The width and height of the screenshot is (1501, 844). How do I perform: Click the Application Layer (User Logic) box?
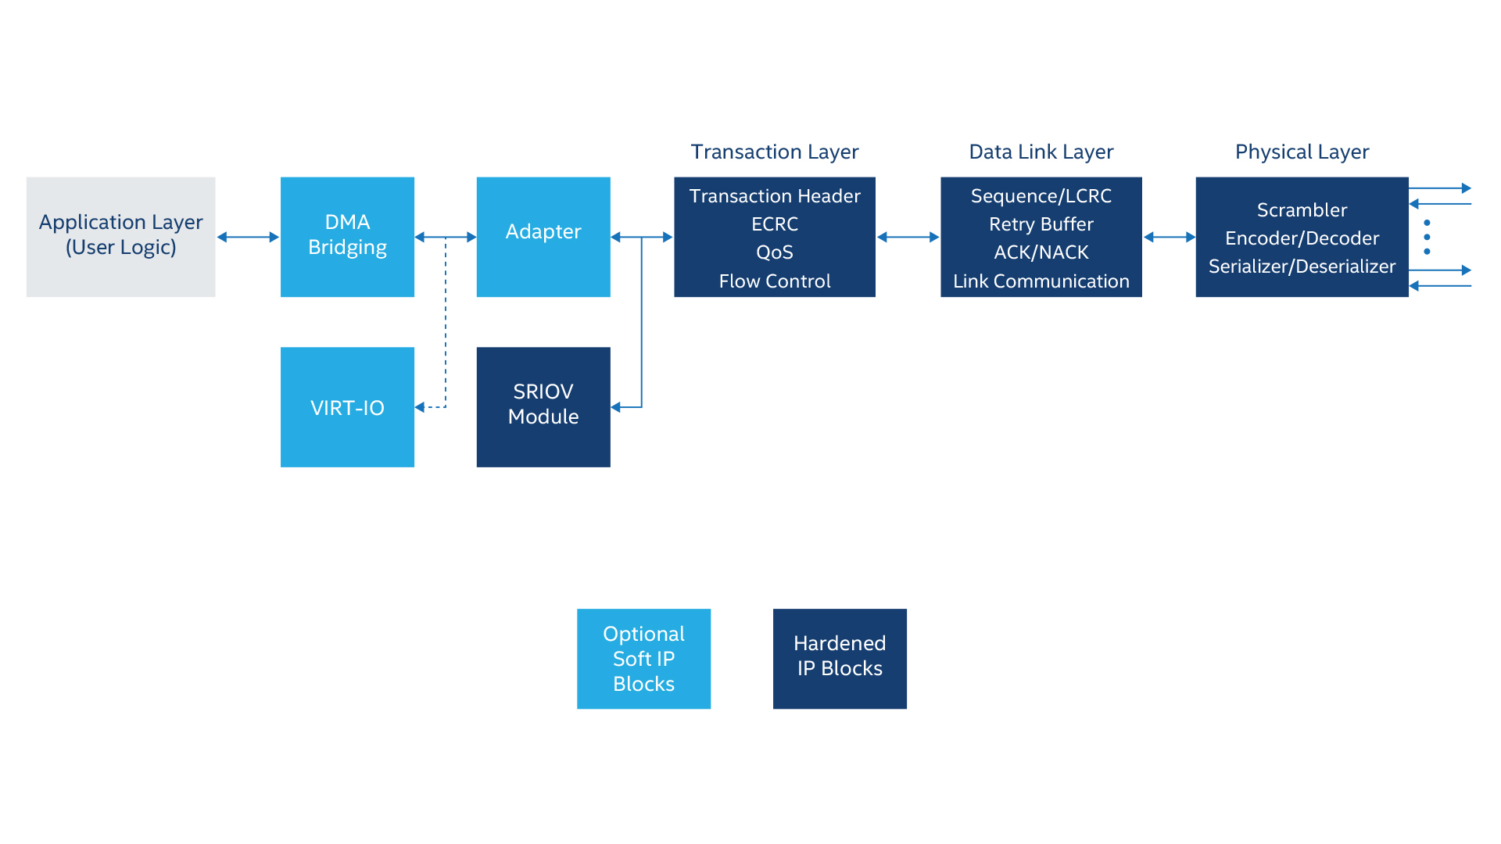point(120,237)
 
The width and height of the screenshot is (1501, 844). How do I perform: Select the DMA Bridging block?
point(347,237)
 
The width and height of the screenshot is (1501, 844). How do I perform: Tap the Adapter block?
point(543,237)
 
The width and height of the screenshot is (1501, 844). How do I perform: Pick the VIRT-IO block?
point(347,407)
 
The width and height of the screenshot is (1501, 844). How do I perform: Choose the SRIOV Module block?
point(543,407)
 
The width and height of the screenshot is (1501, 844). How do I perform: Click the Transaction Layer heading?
point(775,152)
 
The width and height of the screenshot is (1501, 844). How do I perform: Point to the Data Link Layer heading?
point(1041,152)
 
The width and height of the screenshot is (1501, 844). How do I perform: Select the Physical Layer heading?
point(1302,152)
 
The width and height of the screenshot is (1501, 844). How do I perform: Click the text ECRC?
point(775,224)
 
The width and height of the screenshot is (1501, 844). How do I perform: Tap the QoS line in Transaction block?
point(775,252)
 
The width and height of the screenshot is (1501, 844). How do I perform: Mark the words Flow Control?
point(775,281)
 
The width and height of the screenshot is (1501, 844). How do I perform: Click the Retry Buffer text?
point(1041,224)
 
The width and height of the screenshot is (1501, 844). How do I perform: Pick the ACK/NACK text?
point(1041,252)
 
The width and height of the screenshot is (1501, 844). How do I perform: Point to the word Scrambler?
point(1302,210)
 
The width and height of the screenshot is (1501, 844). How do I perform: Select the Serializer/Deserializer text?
point(1302,266)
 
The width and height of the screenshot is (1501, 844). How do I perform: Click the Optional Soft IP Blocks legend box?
point(643,659)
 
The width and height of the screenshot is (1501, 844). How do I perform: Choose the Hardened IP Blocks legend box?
point(840,659)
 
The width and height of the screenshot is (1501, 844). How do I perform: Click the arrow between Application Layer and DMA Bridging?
point(248,237)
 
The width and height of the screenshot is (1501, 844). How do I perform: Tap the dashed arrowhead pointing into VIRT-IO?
point(420,407)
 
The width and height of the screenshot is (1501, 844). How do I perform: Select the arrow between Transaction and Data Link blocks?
point(908,237)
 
